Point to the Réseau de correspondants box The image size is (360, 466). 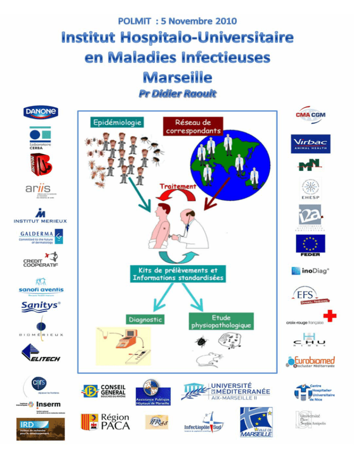pyautogui.click(x=192, y=125)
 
